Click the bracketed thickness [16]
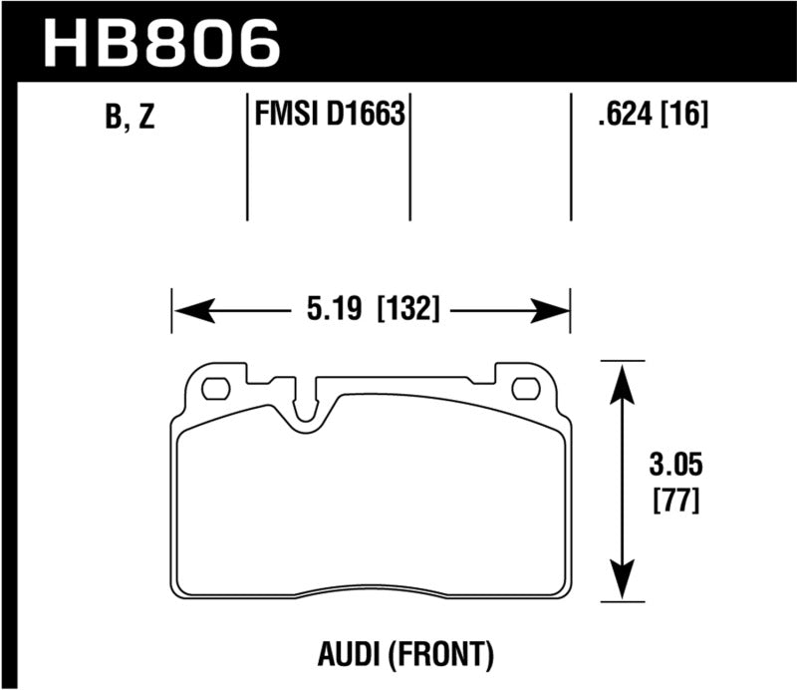coord(686,117)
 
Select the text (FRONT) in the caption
coord(449,654)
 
